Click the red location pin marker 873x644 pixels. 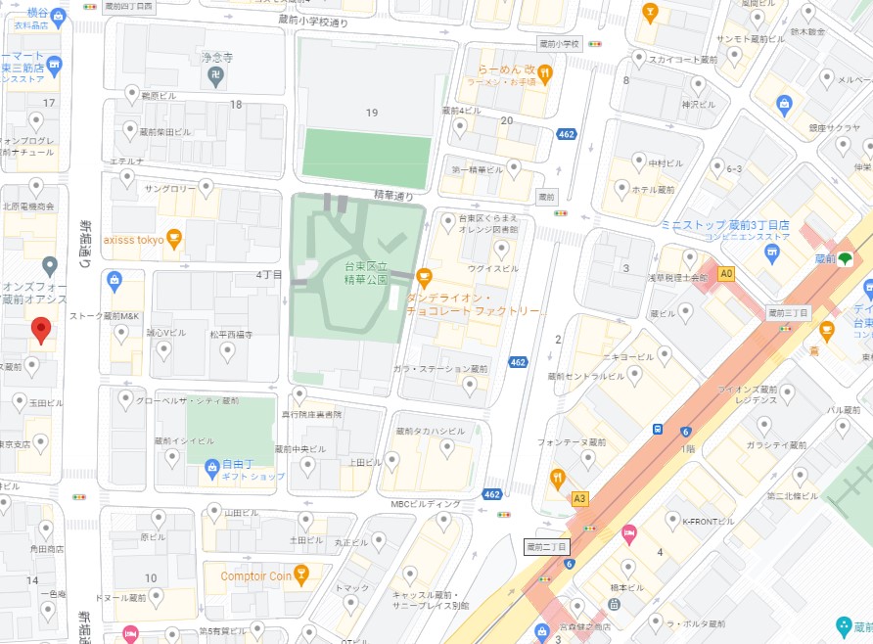tap(41, 331)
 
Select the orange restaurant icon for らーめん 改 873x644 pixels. tap(545, 70)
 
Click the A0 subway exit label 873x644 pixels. tap(726, 275)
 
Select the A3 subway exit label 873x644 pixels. tap(580, 498)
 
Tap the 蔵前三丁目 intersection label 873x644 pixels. tap(788, 313)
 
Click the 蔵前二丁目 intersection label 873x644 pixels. tap(547, 546)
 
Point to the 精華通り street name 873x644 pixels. tap(393, 196)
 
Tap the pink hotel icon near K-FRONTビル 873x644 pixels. tap(629, 532)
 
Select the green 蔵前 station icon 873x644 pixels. tap(842, 258)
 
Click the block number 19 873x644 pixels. tap(371, 113)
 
